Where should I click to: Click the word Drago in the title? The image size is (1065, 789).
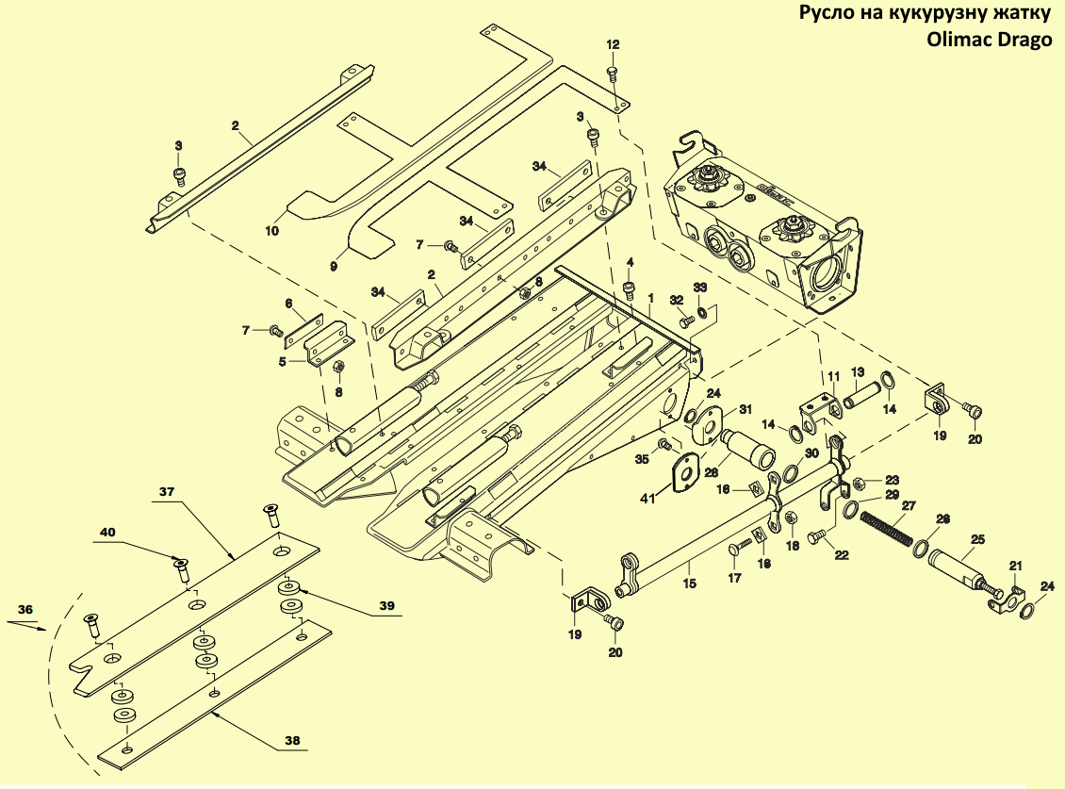pos(1024,41)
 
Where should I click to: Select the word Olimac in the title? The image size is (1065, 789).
pos(958,40)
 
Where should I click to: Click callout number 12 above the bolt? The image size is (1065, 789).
pos(613,45)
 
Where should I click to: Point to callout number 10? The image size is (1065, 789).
pos(271,231)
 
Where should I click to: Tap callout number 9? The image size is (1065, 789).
pos(334,267)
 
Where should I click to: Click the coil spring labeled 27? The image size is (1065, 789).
pos(884,527)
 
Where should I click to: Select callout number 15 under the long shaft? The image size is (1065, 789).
pos(689,584)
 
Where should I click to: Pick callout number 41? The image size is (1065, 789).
pos(647,499)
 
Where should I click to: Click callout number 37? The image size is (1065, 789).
pos(167,492)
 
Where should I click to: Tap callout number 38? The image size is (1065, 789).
pos(292,740)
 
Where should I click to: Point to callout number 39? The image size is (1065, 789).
pos(386,605)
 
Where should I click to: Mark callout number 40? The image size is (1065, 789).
pos(107,532)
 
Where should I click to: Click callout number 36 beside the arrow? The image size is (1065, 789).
pos(25,610)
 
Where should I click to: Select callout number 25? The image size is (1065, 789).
pos(977,540)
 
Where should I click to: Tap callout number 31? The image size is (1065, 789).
pos(745,409)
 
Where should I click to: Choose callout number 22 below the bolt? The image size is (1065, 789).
pos(842,555)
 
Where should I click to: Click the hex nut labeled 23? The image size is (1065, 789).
pos(857,484)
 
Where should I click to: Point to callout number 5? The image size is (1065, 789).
pos(283,362)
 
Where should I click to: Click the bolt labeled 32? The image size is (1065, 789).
pos(687,317)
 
